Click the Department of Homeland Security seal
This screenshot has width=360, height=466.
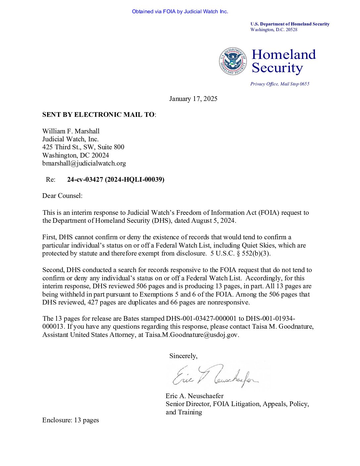point(233,61)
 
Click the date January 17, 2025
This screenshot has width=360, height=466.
point(193,99)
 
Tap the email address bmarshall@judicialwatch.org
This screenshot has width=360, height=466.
point(84,163)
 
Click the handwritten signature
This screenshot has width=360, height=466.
point(215,376)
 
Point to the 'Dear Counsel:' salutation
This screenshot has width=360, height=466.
point(62,196)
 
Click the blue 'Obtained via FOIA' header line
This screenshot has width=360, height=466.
point(180,12)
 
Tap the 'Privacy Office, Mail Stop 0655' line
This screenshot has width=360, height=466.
point(280,84)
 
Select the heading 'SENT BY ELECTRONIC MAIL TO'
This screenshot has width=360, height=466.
point(98,115)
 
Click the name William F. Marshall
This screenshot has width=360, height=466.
point(71,131)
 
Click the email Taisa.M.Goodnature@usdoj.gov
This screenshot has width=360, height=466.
point(192,335)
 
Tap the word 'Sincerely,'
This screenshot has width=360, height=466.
point(183,356)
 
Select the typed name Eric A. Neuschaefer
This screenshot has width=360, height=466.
point(195,396)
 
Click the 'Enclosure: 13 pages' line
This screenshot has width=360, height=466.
point(70,420)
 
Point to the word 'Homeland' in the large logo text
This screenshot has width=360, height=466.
point(284,55)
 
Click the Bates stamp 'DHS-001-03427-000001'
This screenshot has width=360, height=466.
point(201,318)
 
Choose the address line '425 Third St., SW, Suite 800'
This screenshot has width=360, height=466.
point(83,147)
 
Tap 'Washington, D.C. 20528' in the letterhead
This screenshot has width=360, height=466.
point(274,30)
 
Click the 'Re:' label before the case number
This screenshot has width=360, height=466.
point(51,179)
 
